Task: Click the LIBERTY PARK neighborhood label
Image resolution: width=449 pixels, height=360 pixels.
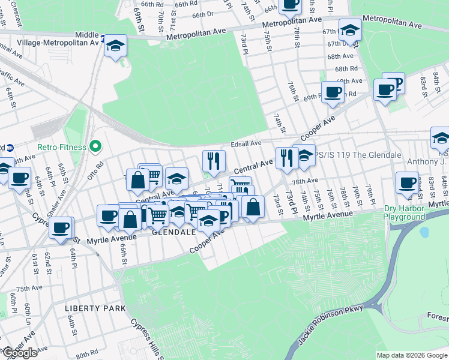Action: coord(95,308)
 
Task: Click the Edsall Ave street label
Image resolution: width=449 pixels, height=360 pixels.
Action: coord(246,143)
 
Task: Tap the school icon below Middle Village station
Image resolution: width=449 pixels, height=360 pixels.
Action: coord(115,46)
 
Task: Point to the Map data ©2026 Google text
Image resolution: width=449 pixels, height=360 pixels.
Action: coord(412,355)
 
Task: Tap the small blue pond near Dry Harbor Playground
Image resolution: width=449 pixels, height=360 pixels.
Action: coord(426,232)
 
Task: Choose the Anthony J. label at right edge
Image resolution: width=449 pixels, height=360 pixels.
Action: coord(427,161)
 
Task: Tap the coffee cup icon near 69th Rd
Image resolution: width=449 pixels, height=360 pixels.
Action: coord(332,92)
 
